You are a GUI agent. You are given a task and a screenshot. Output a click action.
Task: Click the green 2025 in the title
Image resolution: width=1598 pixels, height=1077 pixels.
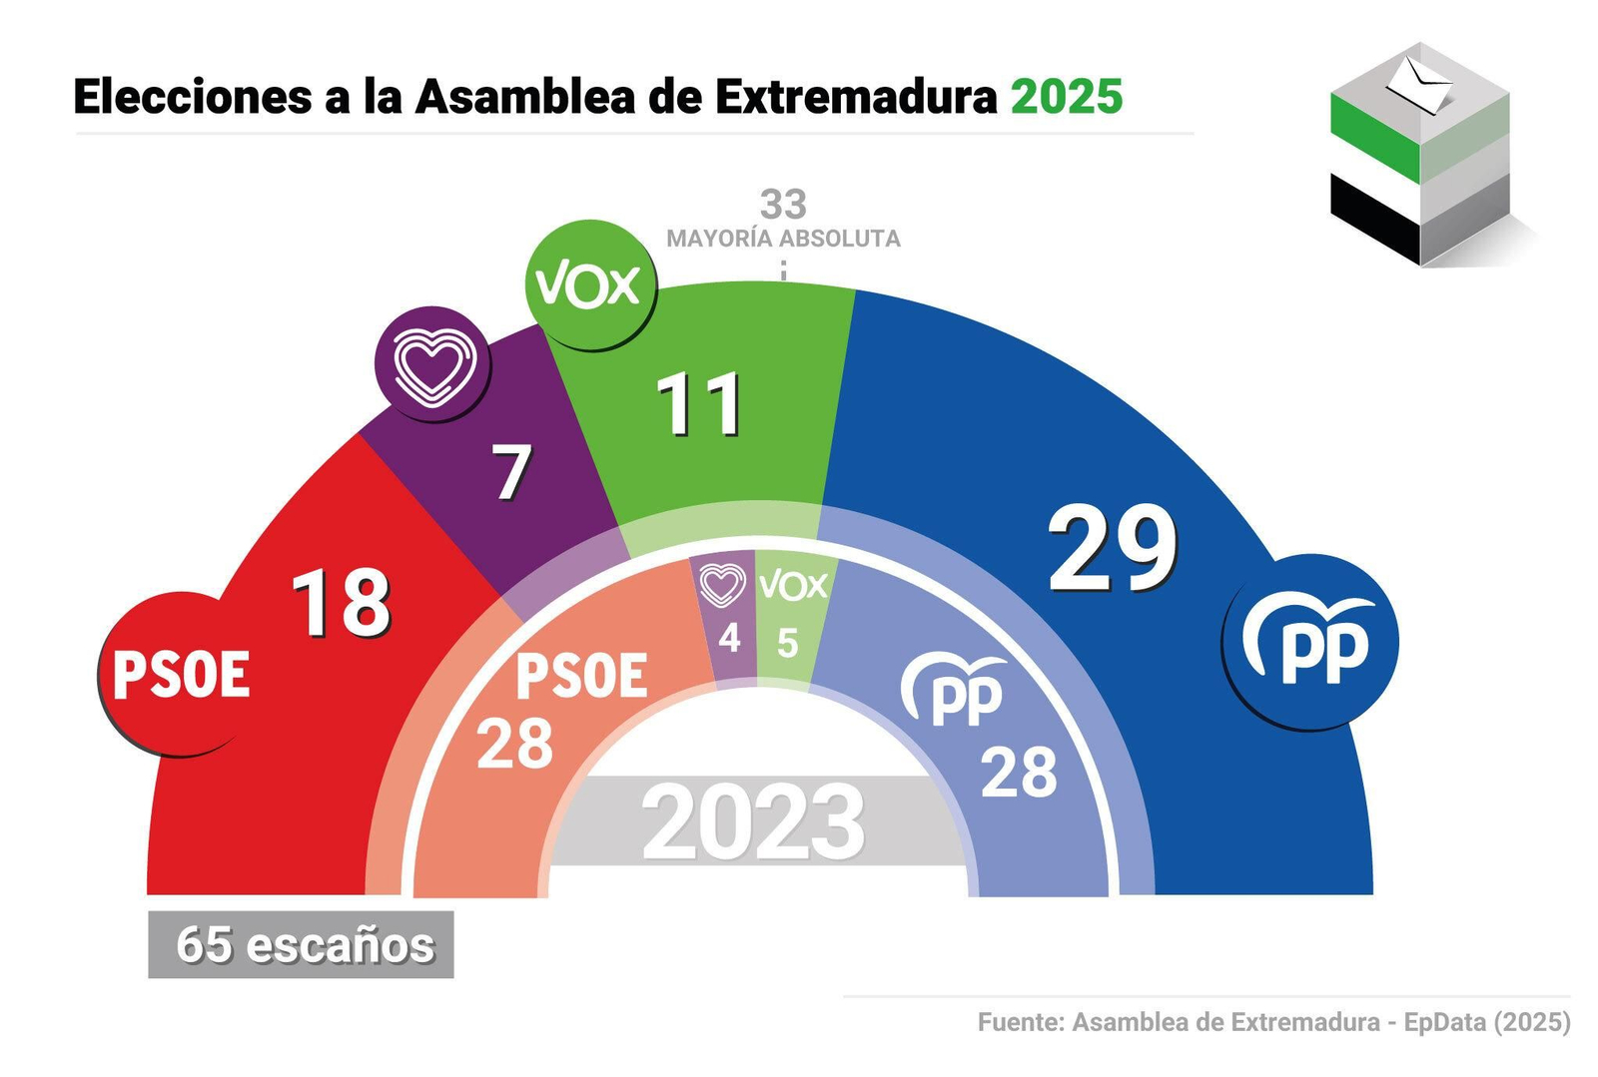(1067, 97)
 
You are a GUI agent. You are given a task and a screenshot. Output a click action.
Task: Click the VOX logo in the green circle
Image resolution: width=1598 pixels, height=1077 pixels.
(589, 285)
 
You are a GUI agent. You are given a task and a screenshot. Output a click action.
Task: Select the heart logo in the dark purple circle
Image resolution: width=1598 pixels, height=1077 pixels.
(432, 363)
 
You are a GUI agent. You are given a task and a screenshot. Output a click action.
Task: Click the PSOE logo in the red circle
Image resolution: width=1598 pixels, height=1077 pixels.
(181, 675)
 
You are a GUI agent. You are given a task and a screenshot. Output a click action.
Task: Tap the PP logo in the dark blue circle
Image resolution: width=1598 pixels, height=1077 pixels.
(1310, 642)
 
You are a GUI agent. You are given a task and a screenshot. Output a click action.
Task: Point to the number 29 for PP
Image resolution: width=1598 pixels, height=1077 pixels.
(1112, 549)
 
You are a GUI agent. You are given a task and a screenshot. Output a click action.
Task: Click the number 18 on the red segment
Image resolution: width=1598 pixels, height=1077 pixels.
(341, 602)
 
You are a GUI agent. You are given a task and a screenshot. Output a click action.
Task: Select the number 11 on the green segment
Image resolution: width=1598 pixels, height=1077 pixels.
(700, 404)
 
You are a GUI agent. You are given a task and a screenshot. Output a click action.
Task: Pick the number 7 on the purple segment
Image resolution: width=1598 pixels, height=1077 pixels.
(512, 472)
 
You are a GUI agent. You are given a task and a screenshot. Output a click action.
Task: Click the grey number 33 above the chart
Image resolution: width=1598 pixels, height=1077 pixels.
(783, 204)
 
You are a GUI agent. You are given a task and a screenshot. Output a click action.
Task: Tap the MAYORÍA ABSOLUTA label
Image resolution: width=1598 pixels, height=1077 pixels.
(783, 239)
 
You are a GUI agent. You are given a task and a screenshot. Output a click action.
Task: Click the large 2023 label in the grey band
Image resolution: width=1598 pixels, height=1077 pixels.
(753, 822)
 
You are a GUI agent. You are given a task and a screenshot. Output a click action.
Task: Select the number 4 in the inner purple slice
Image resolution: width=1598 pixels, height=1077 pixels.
(729, 638)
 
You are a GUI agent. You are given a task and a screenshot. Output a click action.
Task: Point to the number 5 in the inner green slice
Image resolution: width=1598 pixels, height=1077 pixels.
(787, 644)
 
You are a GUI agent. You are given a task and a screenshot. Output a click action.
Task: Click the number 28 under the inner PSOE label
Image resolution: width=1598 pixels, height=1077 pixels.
(514, 744)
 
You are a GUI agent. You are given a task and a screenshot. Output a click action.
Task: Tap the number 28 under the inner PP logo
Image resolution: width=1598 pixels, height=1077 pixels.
(1019, 772)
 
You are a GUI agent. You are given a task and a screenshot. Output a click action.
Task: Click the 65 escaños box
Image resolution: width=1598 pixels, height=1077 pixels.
(301, 944)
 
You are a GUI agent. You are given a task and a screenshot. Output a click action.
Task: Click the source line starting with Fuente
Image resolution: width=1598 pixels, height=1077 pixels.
(1273, 1022)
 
